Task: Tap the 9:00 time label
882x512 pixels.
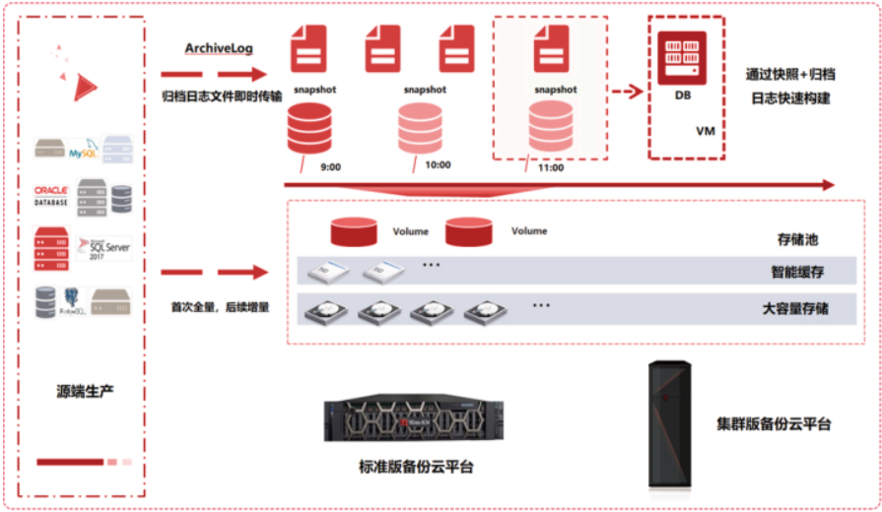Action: [330, 167]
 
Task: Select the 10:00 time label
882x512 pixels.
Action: [438, 165]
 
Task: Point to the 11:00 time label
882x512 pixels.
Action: [551, 168]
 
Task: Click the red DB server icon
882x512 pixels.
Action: [682, 59]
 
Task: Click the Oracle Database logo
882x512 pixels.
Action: [51, 195]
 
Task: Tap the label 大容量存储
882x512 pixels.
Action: [795, 308]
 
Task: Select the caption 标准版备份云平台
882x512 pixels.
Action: [415, 467]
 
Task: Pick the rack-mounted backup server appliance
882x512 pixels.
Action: [413, 420]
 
